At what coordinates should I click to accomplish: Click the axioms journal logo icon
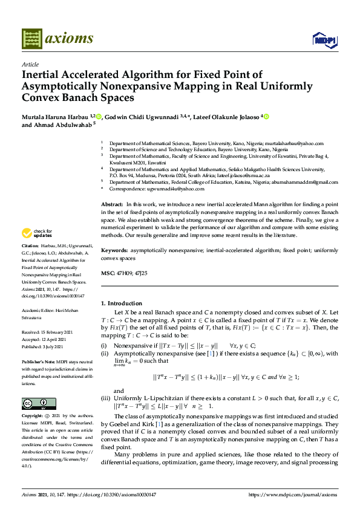click(31, 39)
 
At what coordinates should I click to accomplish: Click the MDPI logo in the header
click(324, 39)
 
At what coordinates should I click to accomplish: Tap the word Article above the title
click(30, 64)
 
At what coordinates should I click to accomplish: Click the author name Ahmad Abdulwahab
click(60, 125)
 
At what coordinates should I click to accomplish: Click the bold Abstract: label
click(113, 206)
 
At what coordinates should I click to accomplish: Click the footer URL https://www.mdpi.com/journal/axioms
click(292, 494)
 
